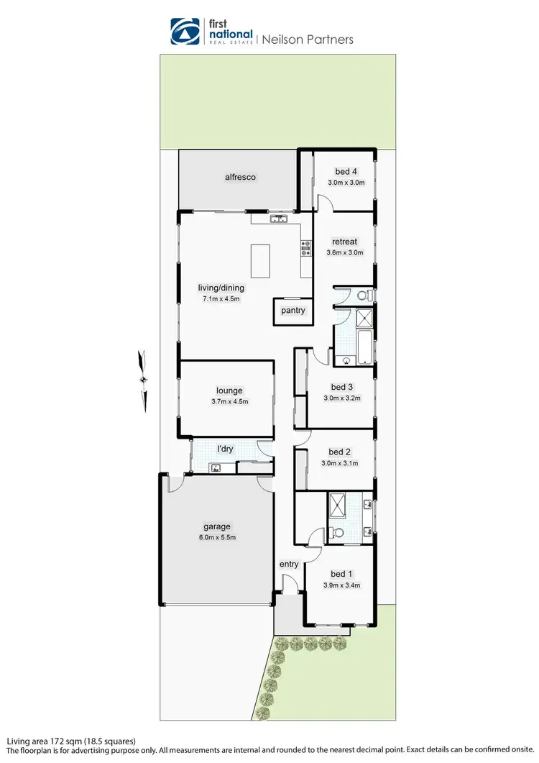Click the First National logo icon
click(x=185, y=32)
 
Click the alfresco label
click(x=240, y=177)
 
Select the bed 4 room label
click(x=346, y=171)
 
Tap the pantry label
click(x=293, y=311)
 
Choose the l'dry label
click(x=226, y=449)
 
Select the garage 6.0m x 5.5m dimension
click(x=216, y=537)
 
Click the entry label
click(x=289, y=564)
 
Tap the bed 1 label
click(x=341, y=573)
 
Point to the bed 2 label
click(x=340, y=452)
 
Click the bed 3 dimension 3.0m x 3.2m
click(x=341, y=398)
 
